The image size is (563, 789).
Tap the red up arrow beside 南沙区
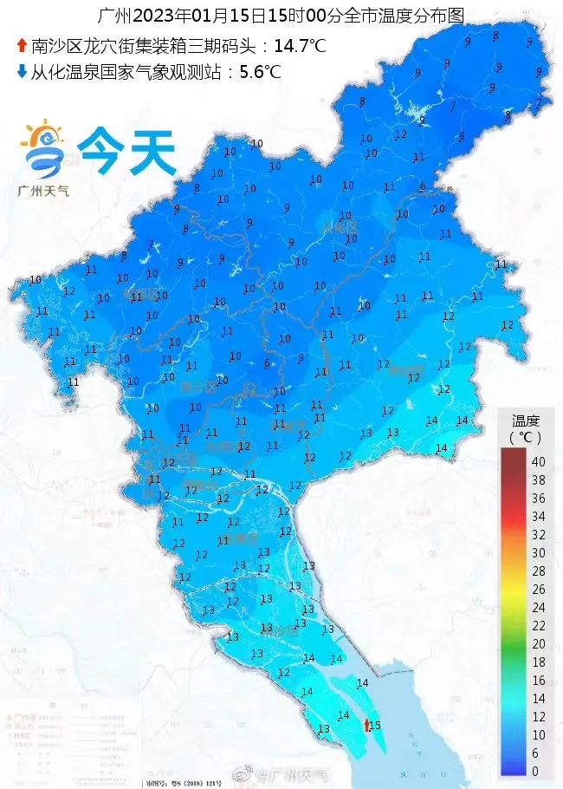(x=22, y=45)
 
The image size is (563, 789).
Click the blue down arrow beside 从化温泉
(x=22, y=72)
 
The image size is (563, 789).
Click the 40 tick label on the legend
(x=538, y=460)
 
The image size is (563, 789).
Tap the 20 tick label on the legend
(x=538, y=643)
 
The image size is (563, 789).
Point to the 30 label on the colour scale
(x=538, y=552)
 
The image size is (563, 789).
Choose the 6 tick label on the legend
(x=538, y=753)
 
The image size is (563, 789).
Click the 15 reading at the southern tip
(x=375, y=726)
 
